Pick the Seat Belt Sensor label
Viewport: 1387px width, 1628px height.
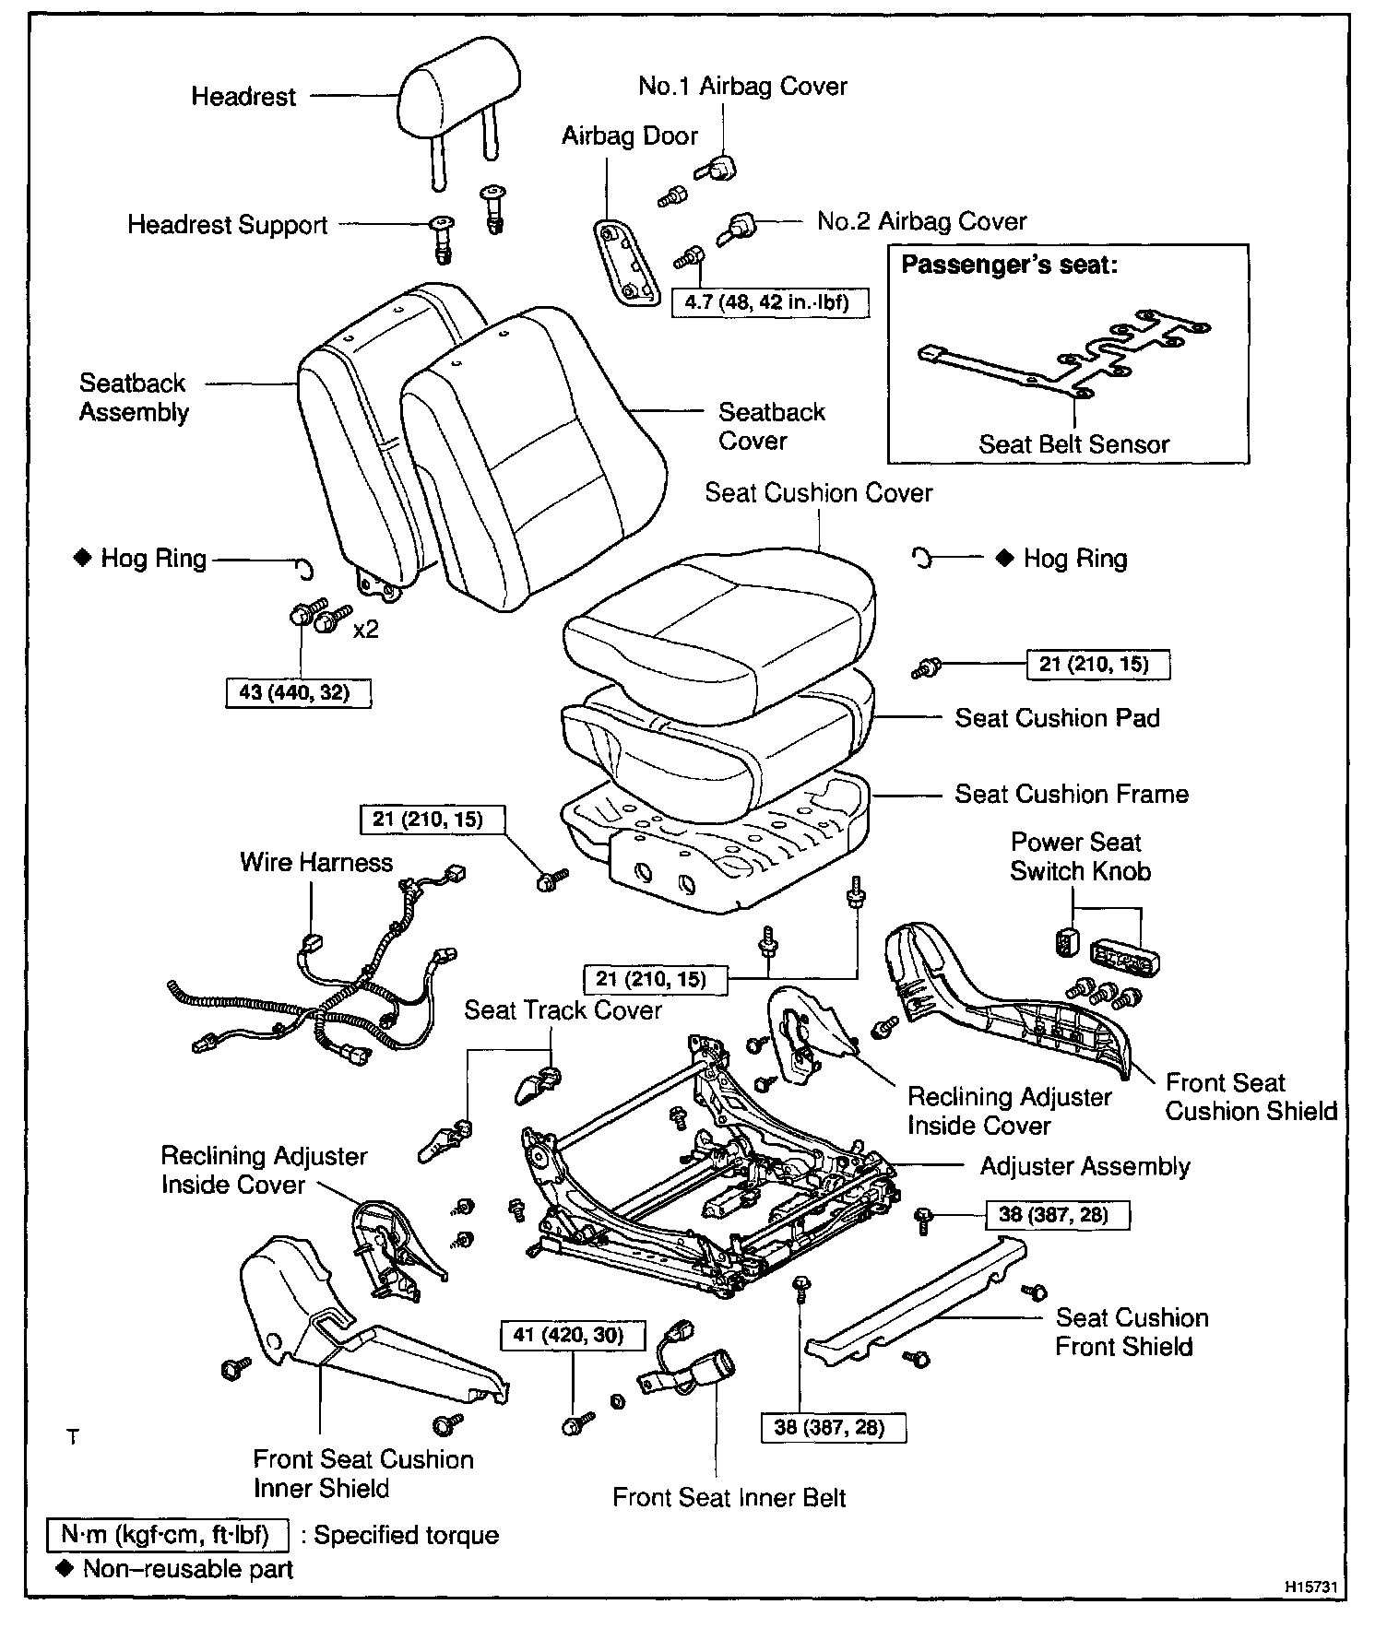tap(1073, 444)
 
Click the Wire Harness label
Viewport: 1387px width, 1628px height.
tap(316, 862)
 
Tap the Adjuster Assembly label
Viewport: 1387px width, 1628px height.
tap(1085, 1166)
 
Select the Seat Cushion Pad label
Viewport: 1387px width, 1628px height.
tap(1057, 718)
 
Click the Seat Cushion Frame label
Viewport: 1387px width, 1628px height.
tap(1072, 794)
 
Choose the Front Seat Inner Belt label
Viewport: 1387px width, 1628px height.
tap(729, 1497)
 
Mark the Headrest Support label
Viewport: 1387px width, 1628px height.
tap(228, 225)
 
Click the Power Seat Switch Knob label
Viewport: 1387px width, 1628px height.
tap(1079, 856)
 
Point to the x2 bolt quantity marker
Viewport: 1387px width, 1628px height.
tap(366, 630)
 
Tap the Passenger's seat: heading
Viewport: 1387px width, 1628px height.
tap(1009, 265)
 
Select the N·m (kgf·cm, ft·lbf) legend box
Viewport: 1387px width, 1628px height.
tap(168, 1535)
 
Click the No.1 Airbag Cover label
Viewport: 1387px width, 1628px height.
tap(742, 87)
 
